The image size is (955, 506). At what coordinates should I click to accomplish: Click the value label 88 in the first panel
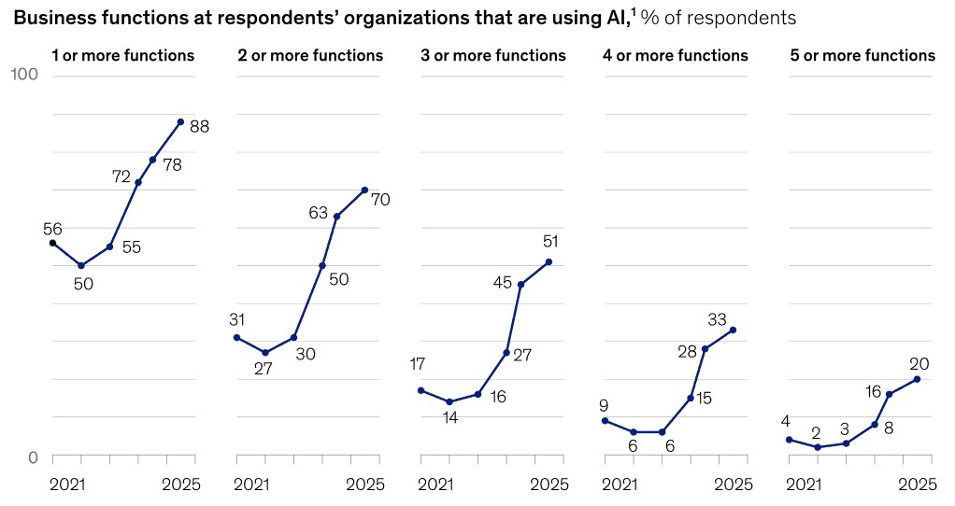tap(199, 126)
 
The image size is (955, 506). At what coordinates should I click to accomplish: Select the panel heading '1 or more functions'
tap(123, 55)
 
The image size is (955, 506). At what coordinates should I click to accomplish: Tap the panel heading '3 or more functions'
tap(493, 55)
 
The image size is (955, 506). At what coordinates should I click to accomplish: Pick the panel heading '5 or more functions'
tap(862, 55)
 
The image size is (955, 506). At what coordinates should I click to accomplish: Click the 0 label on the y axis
tap(33, 457)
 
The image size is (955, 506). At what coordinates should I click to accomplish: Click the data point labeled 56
tap(52, 243)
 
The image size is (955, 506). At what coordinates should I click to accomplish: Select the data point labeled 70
tap(364, 190)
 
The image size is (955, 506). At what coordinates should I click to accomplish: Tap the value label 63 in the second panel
tap(319, 213)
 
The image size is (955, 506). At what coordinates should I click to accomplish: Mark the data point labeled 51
tap(549, 261)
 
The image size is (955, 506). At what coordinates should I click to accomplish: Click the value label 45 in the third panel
tap(502, 281)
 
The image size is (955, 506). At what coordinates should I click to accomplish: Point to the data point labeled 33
tap(734, 330)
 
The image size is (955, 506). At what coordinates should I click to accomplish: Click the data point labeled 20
tap(918, 379)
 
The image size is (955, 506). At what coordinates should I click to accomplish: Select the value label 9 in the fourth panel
tap(604, 405)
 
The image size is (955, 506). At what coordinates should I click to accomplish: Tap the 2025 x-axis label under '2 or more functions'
tap(364, 484)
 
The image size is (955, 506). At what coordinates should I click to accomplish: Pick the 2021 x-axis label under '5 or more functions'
tap(805, 484)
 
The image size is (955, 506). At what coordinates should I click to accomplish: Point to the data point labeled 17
tap(420, 390)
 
